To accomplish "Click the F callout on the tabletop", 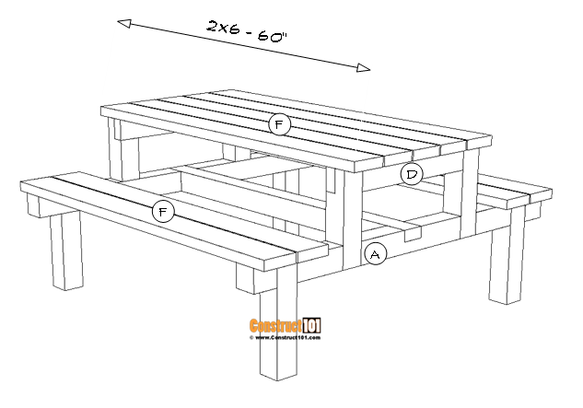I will (x=279, y=124).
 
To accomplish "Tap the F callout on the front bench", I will (x=163, y=212).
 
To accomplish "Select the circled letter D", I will (x=411, y=173).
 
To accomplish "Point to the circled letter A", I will (x=375, y=254).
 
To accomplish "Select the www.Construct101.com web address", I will (x=287, y=338).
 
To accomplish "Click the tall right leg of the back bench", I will (x=506, y=267).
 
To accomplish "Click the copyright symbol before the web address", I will (x=251, y=338).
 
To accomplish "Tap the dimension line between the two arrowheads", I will (x=244, y=44).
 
